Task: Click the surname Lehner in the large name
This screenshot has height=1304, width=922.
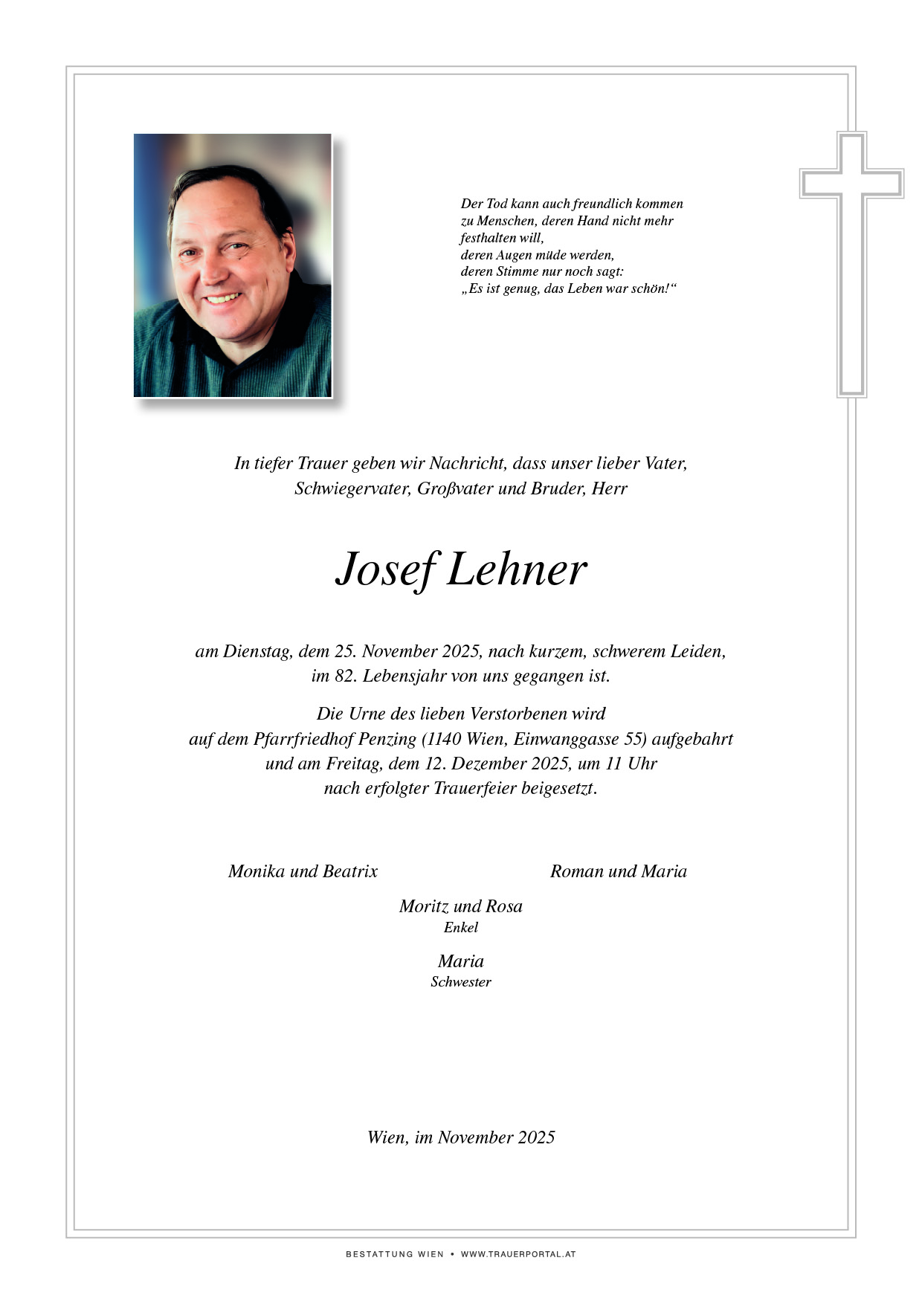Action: tap(517, 570)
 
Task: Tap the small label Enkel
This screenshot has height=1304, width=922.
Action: tap(461, 928)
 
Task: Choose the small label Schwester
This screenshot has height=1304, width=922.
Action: tap(461, 982)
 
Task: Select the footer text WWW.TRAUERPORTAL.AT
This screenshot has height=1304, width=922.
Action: tap(518, 1254)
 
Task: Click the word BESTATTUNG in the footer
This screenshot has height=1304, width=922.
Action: tap(379, 1254)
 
